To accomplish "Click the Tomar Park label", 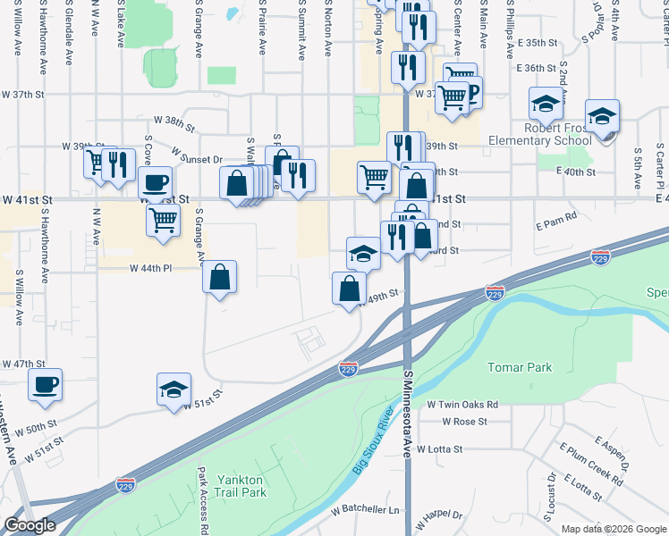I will (520, 367).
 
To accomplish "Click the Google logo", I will (30, 525).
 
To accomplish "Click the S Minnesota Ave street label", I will (408, 417).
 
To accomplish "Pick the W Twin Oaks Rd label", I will (462, 405).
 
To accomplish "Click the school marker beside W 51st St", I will (174, 389).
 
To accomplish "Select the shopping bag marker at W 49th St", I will (349, 288).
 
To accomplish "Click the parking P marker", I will (472, 89).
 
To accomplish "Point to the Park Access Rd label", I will (204, 499).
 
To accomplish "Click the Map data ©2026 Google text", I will (613, 529).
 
